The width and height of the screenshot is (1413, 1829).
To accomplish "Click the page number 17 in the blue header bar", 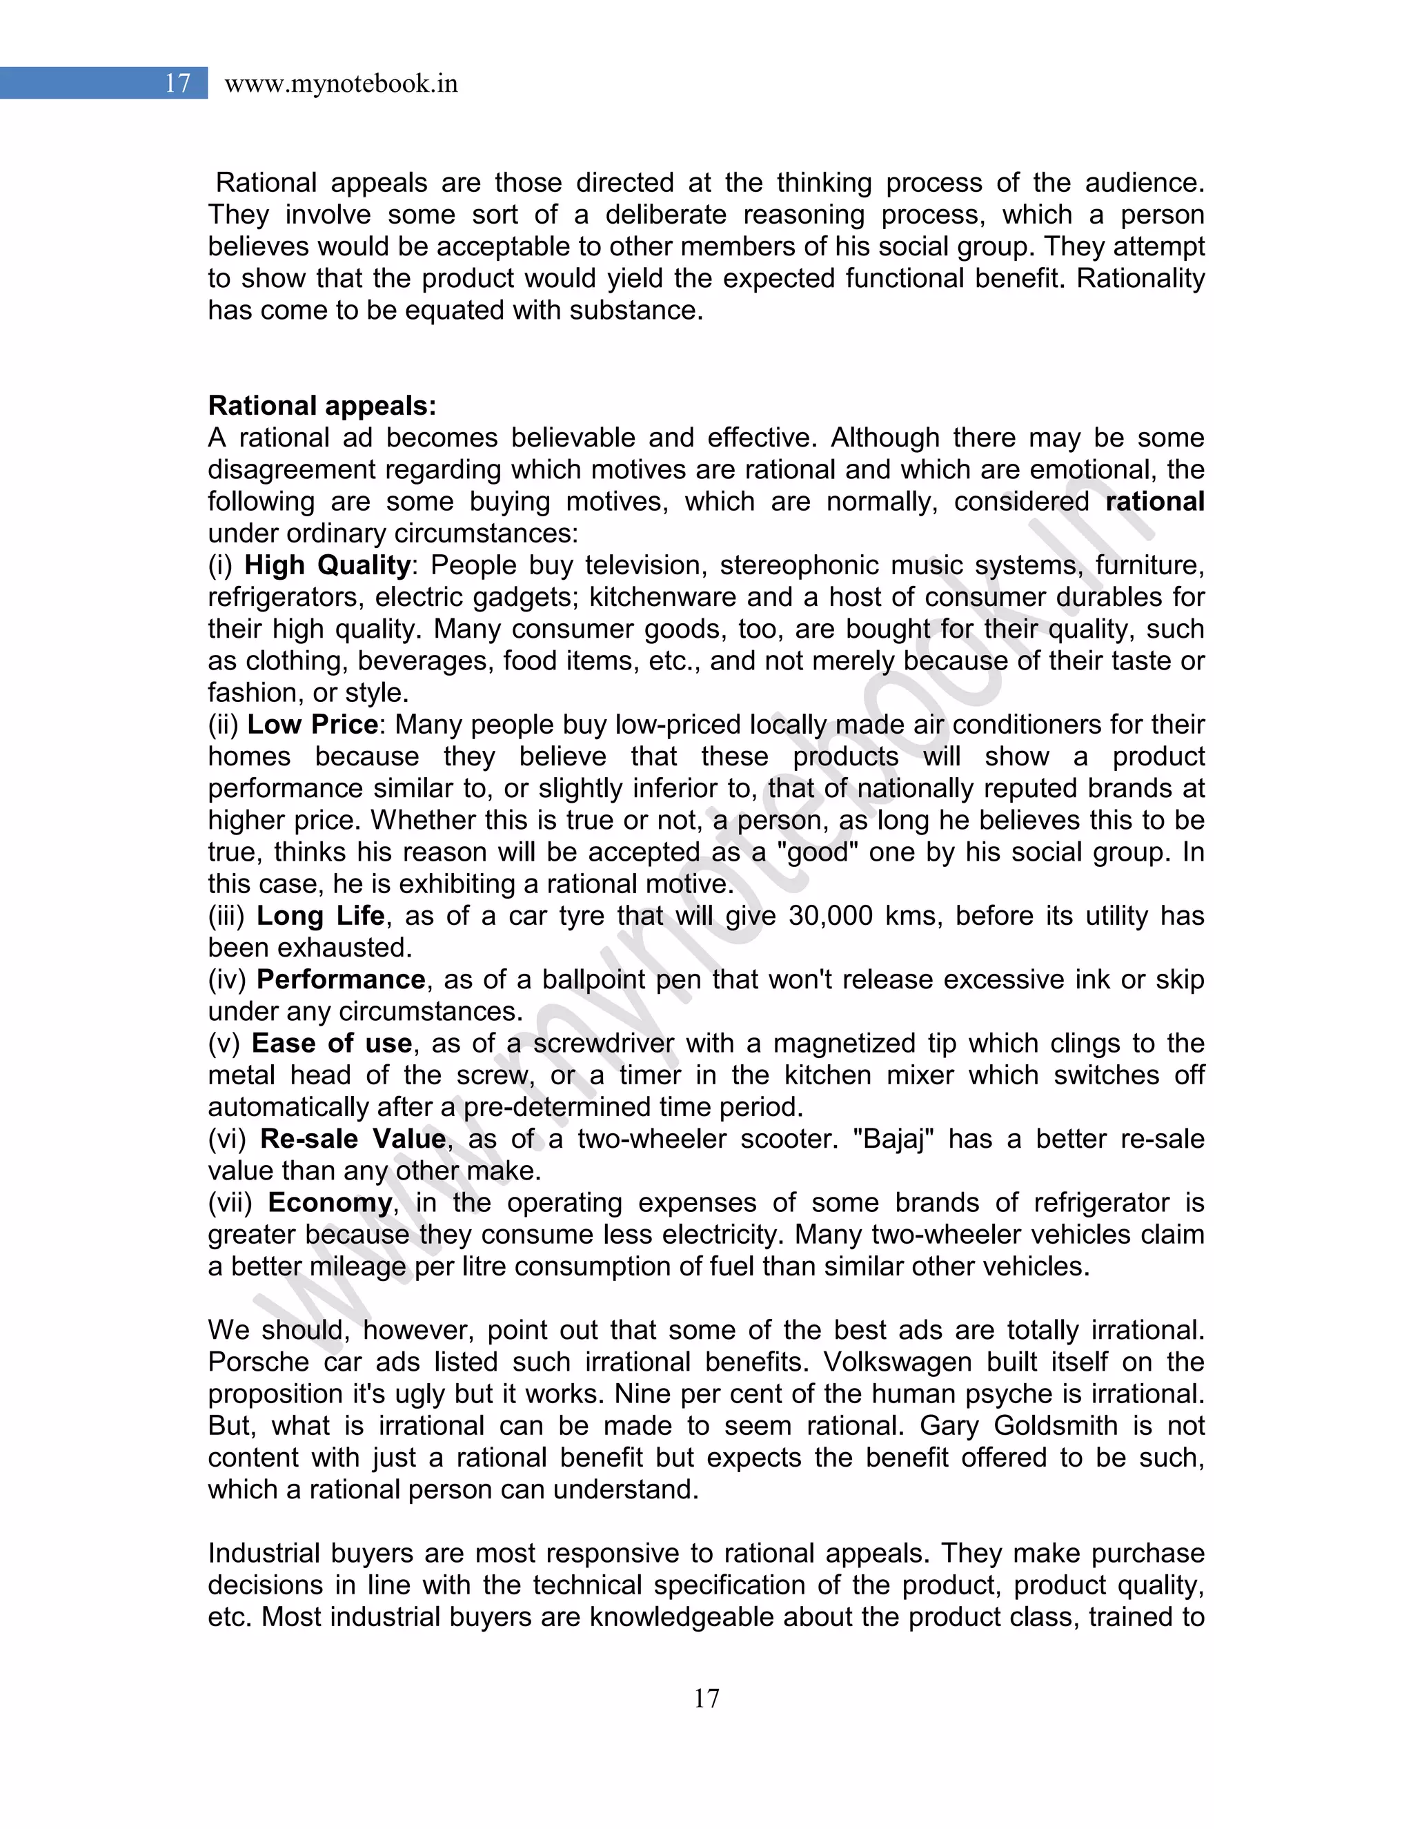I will (177, 83).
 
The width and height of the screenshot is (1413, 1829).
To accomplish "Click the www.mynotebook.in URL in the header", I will (341, 84).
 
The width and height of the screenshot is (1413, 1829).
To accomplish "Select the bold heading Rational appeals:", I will (322, 406).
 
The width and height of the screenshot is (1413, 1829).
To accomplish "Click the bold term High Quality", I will (327, 565).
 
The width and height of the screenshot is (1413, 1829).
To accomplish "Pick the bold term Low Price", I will (313, 725).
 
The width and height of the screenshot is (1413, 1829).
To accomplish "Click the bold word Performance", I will (341, 979).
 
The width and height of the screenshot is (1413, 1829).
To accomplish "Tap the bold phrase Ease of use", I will (331, 1044).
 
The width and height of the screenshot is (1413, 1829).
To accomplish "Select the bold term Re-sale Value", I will (353, 1139).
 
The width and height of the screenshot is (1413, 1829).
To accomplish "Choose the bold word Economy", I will (330, 1202).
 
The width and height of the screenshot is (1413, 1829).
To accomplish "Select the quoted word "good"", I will (816, 852).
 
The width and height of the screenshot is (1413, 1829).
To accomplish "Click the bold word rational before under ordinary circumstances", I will (1154, 502).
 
